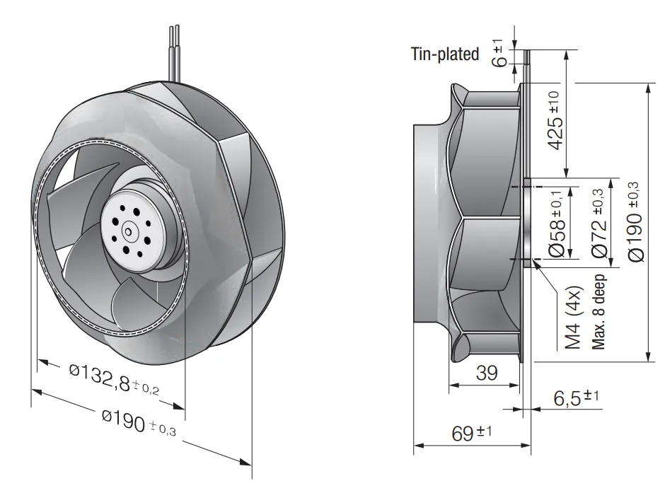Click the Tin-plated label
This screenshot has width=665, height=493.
445,54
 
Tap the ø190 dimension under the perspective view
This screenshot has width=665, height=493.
139,422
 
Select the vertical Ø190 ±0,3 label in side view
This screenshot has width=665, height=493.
635,221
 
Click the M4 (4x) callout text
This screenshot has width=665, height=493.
573,318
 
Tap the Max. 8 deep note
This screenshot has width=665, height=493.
598,312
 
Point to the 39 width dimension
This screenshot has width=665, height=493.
487,373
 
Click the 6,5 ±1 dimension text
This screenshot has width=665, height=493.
576,398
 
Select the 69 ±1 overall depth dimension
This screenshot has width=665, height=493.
471,433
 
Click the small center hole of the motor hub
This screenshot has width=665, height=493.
127,231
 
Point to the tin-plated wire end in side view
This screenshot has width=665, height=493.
527,57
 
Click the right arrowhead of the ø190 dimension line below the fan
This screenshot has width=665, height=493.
245,462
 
